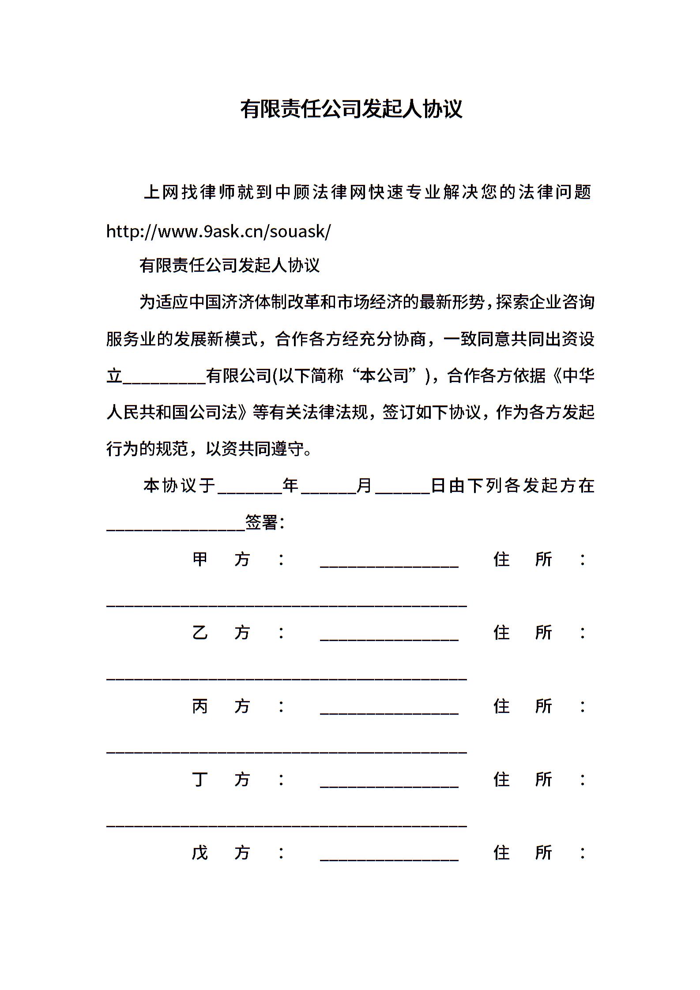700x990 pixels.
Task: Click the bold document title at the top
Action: coord(351,109)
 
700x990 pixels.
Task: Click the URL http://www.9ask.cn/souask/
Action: coord(218,231)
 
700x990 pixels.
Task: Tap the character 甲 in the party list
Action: coord(200,559)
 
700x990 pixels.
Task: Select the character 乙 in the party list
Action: coord(200,633)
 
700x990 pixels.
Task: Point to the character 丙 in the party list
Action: coord(200,706)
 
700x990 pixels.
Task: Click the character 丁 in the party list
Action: coord(200,779)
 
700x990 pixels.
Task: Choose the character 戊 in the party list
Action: coord(200,852)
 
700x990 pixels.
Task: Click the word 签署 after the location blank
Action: coord(261,523)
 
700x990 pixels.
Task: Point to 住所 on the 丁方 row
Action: coord(523,779)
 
